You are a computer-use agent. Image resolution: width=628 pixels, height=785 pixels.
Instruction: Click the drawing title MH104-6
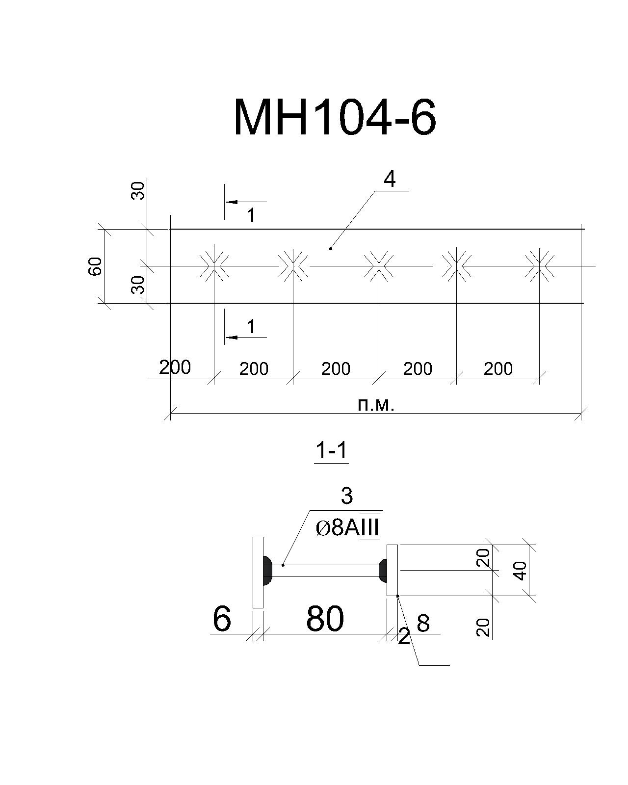[x=335, y=117]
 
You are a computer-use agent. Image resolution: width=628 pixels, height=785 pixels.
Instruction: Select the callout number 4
[x=390, y=180]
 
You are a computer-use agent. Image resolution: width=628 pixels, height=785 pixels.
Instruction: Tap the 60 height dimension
[x=96, y=266]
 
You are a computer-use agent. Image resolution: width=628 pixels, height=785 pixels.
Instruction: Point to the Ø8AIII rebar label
[x=347, y=528]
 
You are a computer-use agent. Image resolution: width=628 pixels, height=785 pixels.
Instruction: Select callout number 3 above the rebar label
[x=347, y=496]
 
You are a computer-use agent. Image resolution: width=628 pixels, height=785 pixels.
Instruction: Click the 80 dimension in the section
[x=325, y=619]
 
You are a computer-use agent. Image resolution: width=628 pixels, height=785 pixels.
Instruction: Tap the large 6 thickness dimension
[x=222, y=619]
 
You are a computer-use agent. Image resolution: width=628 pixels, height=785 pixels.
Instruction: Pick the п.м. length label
[x=375, y=405]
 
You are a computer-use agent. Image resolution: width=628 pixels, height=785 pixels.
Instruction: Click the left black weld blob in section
[x=267, y=571]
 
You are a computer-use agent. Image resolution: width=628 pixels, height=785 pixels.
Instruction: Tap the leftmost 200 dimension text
[x=175, y=367]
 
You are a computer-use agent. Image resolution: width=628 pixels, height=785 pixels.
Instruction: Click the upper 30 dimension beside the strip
[x=138, y=191]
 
